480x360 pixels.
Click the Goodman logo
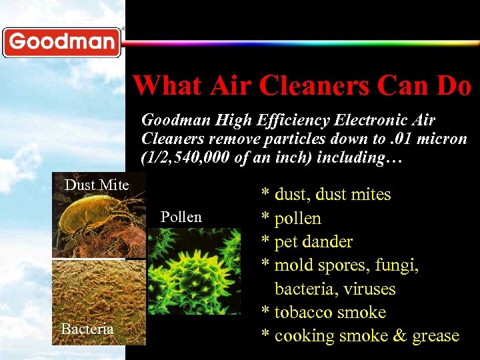[x=62, y=43]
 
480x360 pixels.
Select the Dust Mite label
[x=97, y=185]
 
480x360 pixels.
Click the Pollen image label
[x=181, y=217]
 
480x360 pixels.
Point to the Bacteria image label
[x=87, y=329]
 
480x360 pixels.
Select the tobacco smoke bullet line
[x=323, y=313]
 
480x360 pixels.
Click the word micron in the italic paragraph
[x=445, y=140]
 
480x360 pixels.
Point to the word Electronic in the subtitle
[x=368, y=121]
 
